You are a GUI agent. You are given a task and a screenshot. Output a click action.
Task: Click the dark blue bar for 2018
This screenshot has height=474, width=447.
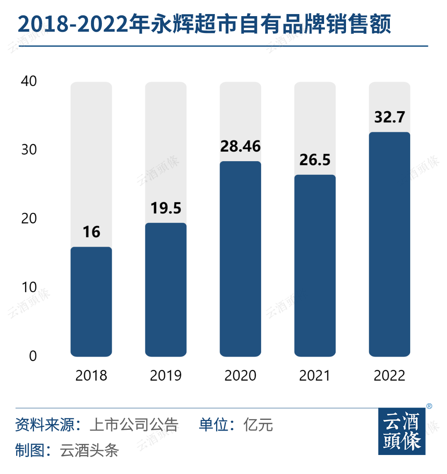click(x=91, y=302)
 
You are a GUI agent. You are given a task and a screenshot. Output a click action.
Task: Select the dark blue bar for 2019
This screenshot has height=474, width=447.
click(x=166, y=289)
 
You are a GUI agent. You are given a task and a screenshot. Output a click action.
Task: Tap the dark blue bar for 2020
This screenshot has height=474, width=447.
click(x=240, y=259)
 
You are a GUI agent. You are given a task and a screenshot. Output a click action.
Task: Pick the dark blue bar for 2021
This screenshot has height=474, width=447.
click(x=315, y=265)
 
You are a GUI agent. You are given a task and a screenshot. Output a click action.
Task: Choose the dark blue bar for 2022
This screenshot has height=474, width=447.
click(x=389, y=244)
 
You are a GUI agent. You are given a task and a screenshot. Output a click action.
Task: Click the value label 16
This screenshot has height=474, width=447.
click(x=91, y=232)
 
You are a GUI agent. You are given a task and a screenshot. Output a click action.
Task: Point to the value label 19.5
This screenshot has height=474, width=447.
click(x=166, y=208)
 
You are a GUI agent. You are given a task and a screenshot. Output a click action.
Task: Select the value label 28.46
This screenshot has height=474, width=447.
click(x=240, y=146)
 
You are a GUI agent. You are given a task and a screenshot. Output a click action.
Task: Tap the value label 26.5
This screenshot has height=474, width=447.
click(x=315, y=160)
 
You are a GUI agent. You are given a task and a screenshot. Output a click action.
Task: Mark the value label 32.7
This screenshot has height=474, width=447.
click(x=389, y=117)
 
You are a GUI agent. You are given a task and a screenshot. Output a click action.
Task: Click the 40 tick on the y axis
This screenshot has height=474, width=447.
click(x=29, y=81)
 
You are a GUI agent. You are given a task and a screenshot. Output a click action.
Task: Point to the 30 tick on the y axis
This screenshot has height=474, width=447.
click(x=29, y=150)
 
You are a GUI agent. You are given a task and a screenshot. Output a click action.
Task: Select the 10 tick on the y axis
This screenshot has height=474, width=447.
click(x=29, y=287)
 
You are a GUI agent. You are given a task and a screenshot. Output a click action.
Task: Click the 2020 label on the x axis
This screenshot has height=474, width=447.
click(x=240, y=376)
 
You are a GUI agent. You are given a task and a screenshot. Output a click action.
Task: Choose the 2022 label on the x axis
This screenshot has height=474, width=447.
click(x=389, y=376)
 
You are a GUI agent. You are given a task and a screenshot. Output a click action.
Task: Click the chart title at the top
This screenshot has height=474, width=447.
click(x=204, y=24)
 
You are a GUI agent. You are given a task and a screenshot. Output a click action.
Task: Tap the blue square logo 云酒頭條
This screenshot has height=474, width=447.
click(x=402, y=431)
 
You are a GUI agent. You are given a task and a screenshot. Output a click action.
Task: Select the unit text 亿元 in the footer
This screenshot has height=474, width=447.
click(x=258, y=425)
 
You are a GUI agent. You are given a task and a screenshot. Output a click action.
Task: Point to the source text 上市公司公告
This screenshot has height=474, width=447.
click(x=134, y=425)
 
